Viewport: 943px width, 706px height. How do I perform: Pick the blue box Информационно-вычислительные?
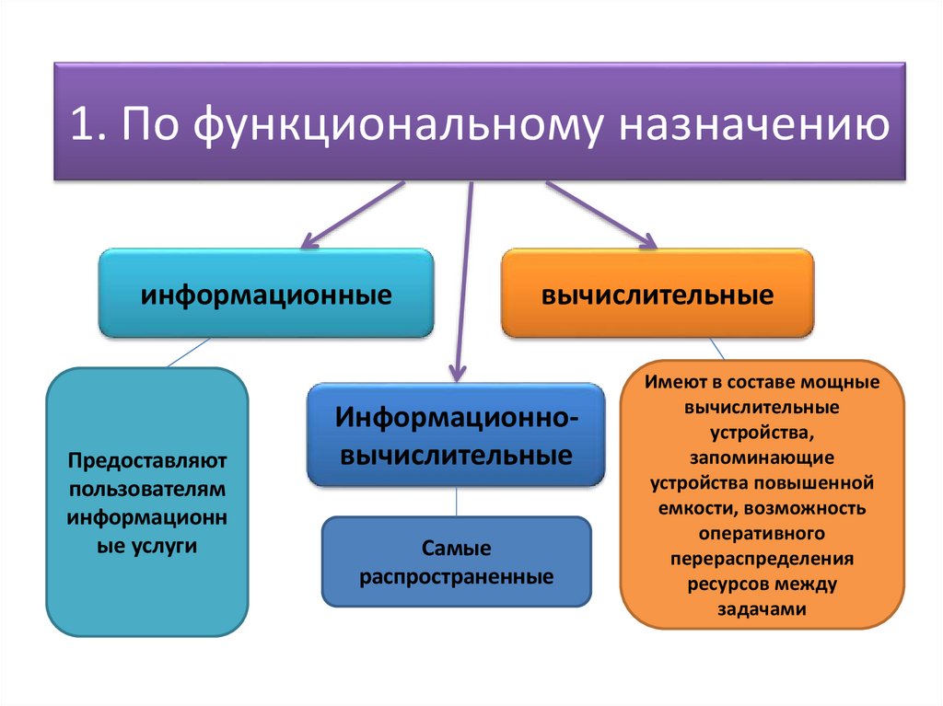tap(456, 434)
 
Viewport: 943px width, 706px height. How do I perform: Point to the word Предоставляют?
tap(146, 457)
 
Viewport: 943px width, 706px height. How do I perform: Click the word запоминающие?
tap(762, 456)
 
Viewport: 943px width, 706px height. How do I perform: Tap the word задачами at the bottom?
tap(762, 608)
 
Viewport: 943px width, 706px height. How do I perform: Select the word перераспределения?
tap(762, 558)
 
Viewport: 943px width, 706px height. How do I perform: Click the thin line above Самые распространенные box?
tap(457, 502)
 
